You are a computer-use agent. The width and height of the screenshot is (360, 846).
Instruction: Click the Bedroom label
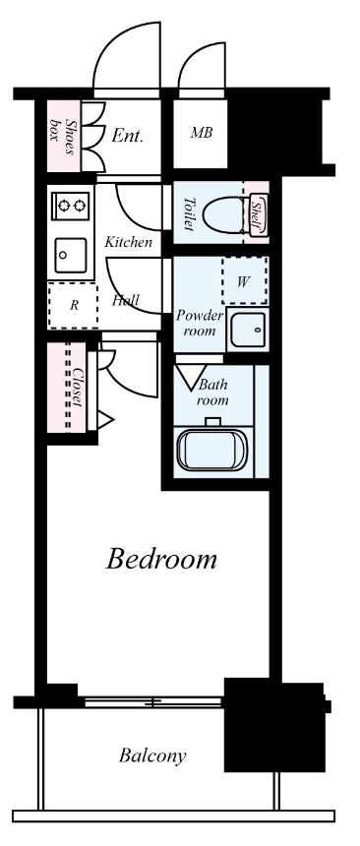[x=161, y=559]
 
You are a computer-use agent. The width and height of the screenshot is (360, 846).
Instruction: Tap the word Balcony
[x=152, y=755]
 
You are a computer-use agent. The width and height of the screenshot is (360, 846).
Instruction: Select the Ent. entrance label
[x=127, y=136]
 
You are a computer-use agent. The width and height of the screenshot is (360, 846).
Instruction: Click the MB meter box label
[x=202, y=133]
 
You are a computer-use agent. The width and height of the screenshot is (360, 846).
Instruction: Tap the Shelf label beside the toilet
[x=258, y=214]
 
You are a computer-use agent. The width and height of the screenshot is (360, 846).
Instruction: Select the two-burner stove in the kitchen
[x=72, y=206]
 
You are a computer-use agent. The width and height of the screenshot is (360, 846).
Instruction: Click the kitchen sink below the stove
[x=70, y=255]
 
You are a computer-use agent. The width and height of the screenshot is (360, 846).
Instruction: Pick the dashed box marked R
[x=74, y=305]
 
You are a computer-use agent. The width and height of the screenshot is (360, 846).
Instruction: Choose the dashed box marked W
[x=245, y=280]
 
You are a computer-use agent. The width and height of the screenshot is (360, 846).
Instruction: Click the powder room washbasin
[x=248, y=330]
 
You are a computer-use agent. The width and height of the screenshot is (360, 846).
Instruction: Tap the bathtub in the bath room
[x=212, y=450]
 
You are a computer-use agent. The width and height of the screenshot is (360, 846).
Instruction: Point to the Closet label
[x=78, y=388]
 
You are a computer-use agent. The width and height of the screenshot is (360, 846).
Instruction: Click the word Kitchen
[x=129, y=242]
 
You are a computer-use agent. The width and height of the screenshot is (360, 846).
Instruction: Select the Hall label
[x=126, y=300]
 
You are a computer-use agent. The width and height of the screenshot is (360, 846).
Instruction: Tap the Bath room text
[x=213, y=393]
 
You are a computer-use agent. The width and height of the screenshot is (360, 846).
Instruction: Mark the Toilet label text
[x=189, y=214]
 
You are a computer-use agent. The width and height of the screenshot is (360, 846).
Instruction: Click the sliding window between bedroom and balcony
[x=153, y=702]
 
